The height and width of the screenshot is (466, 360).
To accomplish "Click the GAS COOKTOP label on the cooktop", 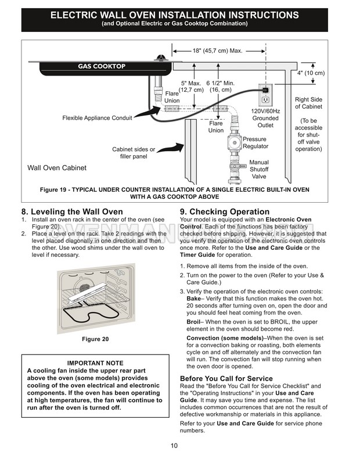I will pos(102,66).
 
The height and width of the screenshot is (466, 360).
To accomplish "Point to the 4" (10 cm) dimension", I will pos(311,73).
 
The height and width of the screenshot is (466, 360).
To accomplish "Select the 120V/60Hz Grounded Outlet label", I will pos(265,118).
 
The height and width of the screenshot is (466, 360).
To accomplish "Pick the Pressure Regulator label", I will pos(255,143).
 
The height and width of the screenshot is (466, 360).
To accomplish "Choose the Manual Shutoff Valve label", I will pos(259,170).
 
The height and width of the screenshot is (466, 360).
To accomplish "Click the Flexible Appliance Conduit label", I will pos(97,118).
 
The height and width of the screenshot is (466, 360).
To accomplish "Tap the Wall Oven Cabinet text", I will pos(57,168).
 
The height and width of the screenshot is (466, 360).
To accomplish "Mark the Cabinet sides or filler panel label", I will pos(134,153).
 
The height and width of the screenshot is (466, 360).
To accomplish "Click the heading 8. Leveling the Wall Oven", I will pos(72,212).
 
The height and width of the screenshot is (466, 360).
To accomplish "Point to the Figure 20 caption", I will pos(95,339).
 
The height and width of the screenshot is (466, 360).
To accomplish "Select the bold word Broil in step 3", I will pos(193,321).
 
